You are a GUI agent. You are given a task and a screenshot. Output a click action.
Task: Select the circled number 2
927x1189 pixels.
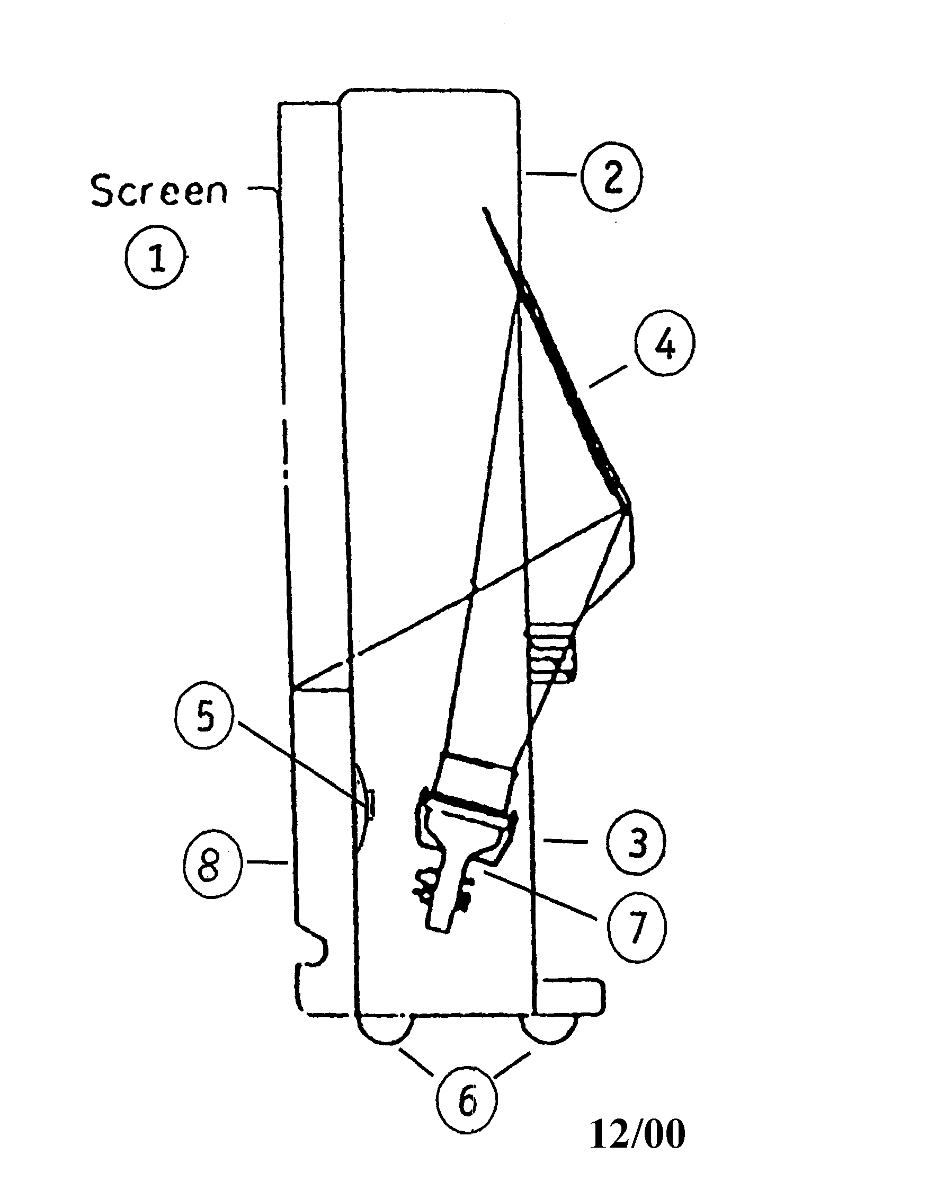(x=612, y=177)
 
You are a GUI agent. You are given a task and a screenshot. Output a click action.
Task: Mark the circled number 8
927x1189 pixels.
(x=211, y=866)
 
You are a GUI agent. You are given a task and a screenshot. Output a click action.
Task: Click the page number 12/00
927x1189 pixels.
(x=637, y=1148)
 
